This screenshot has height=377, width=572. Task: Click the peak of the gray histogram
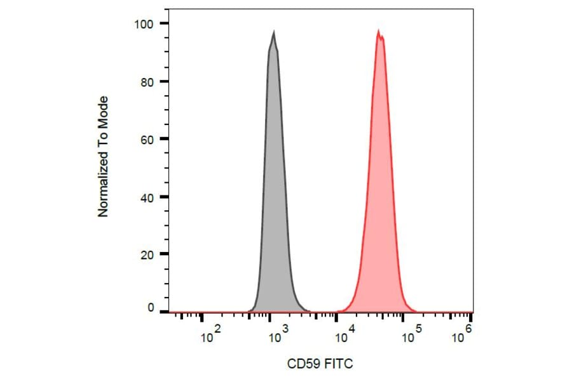pos(273,32)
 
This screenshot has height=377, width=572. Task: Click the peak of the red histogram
pos(379,31)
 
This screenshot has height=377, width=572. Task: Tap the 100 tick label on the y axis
pos(142,23)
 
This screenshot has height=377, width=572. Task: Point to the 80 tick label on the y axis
pos(146,81)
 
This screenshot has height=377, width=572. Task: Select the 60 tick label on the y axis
pos(146,139)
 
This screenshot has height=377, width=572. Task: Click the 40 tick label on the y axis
pos(146,197)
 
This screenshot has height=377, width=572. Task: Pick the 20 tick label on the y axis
pos(146,254)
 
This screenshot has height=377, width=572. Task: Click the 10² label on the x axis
pos(210,336)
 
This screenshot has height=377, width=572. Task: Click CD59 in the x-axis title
pos(304,364)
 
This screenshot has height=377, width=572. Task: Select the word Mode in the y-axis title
pos(104,110)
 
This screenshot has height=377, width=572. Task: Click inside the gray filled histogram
pos(273,190)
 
